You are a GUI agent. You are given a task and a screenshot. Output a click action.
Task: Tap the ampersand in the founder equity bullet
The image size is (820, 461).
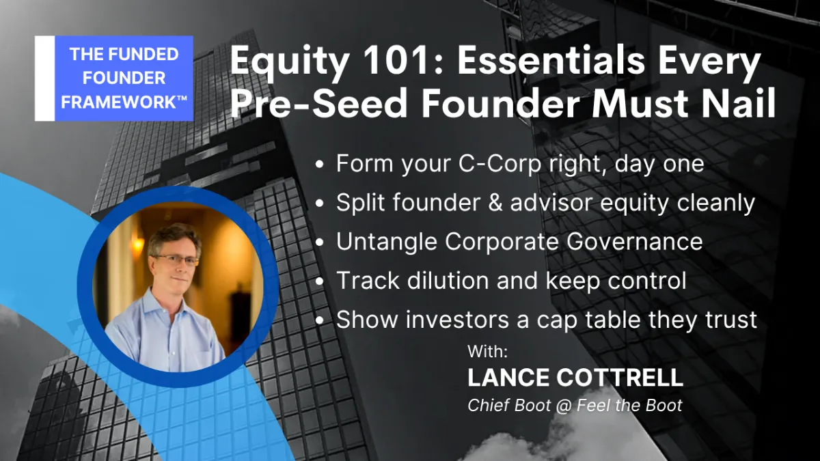coord(495,202)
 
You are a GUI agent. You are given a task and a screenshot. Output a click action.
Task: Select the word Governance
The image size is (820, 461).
coord(634,242)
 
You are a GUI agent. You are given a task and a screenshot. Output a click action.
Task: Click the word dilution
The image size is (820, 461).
coord(448,281)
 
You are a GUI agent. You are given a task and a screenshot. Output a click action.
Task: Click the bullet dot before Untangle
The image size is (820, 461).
coord(320,242)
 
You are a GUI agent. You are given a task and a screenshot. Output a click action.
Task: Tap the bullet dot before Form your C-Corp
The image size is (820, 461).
coord(320,164)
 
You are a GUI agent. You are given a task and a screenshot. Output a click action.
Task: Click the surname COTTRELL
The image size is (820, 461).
coord(620,377)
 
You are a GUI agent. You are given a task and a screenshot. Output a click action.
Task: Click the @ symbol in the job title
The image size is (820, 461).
coord(564,406)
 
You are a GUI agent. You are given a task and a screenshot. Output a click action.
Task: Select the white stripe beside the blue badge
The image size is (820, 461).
coord(44,79)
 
